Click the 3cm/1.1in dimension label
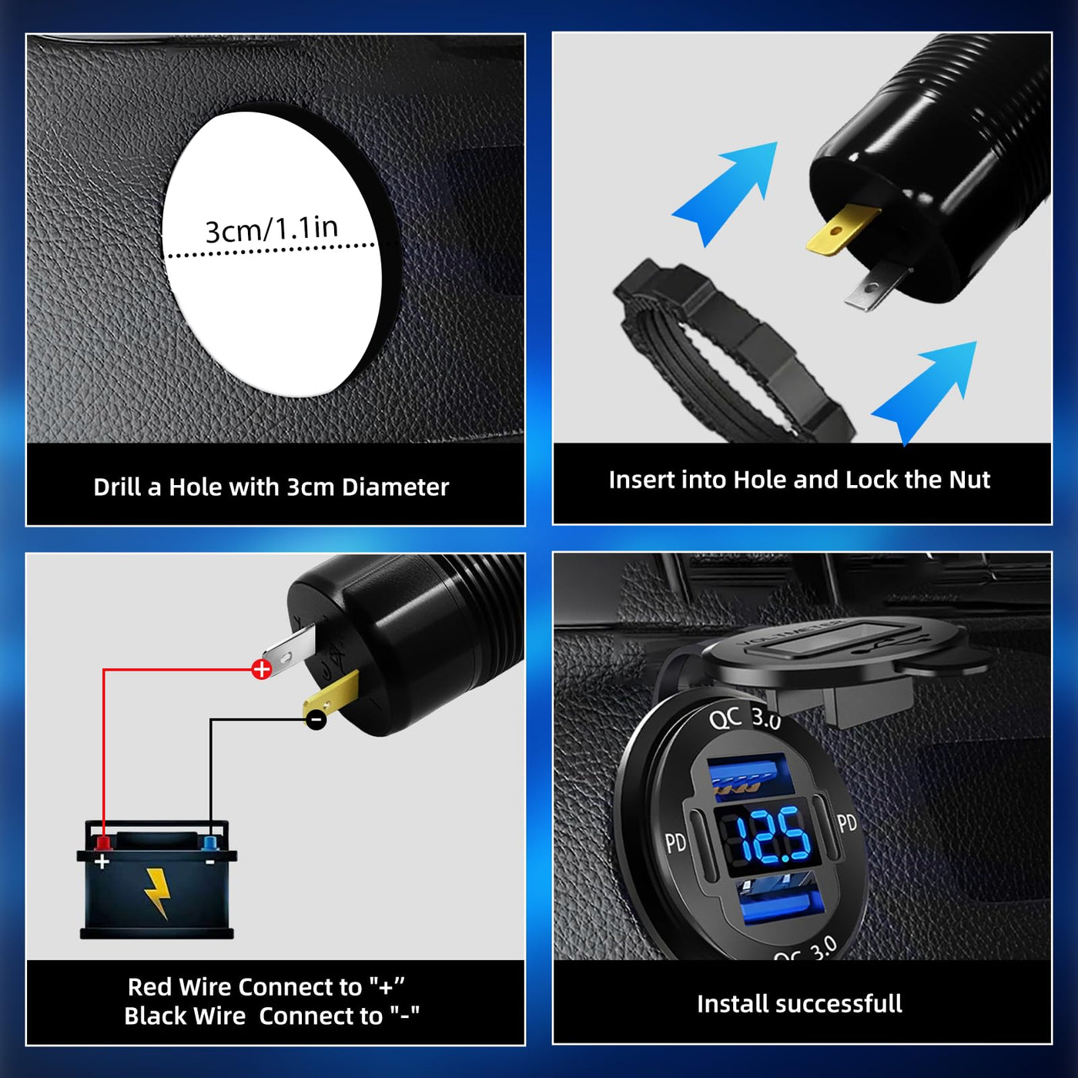(x=272, y=229)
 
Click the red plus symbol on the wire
(x=261, y=669)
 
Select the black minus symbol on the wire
(x=316, y=719)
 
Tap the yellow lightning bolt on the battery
(x=159, y=893)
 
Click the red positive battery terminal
(x=103, y=842)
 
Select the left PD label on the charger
(x=675, y=842)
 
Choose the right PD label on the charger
(x=847, y=823)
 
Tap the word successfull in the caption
(x=838, y=1003)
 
